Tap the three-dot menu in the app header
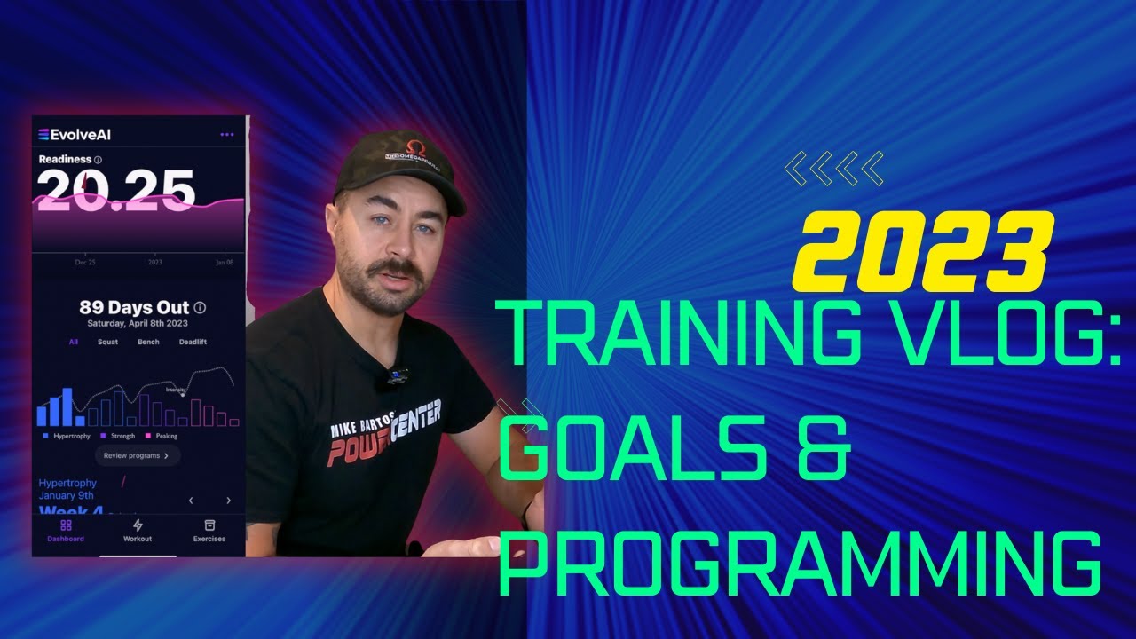[x=227, y=135]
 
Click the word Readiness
[x=65, y=160]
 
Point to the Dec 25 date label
[x=86, y=263]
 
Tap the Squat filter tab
[x=107, y=342]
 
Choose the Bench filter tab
[x=148, y=342]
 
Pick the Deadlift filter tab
[x=193, y=342]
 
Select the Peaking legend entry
[x=162, y=436]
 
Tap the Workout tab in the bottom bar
[x=138, y=531]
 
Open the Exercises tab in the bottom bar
[x=209, y=531]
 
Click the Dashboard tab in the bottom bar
[x=66, y=531]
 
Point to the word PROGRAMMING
[x=799, y=560]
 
